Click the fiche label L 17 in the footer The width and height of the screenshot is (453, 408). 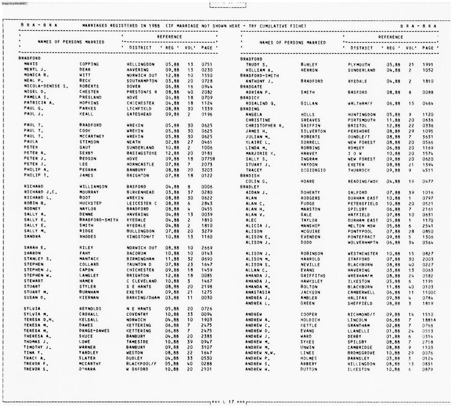click(227, 402)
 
